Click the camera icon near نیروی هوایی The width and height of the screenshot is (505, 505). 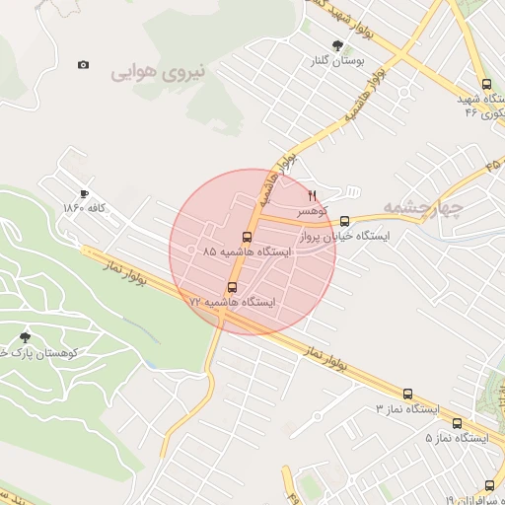[83, 65]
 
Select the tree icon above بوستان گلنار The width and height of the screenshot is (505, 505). [338, 45]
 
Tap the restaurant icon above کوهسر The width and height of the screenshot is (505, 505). [314, 195]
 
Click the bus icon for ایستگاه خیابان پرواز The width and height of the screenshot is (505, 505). [344, 221]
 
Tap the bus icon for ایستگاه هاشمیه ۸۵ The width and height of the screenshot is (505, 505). [246, 237]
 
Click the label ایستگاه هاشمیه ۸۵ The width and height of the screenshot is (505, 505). [248, 252]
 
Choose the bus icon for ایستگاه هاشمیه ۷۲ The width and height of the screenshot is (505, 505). [233, 287]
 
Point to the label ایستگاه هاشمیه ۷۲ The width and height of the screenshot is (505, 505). [235, 302]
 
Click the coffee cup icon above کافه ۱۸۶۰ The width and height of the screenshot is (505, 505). [84, 193]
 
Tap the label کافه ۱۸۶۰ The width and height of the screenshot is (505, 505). [84, 208]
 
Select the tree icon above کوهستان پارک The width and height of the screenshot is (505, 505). [25, 337]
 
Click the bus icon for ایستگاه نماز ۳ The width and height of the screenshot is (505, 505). [407, 394]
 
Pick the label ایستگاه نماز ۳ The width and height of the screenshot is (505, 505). [405, 408]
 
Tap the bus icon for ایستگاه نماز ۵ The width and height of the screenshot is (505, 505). [459, 422]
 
